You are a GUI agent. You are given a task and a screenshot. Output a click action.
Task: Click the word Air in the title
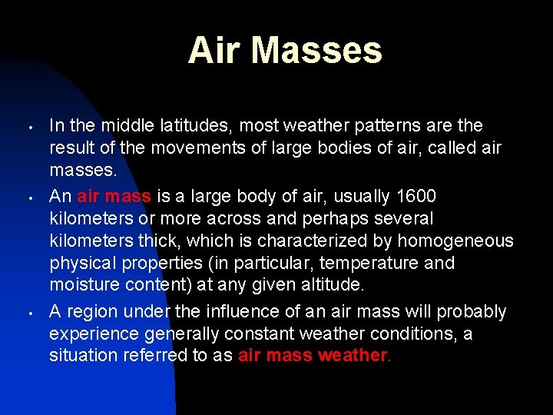click(x=215, y=50)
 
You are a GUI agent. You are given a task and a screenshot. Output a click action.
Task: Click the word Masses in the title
click(x=316, y=50)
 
